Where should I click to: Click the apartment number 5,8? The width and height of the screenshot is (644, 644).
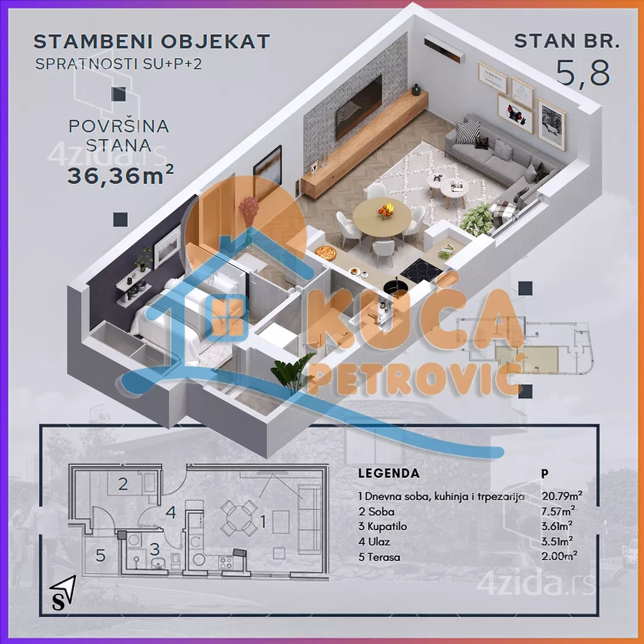tap(583, 73)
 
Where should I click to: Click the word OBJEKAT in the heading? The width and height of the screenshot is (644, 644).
tap(215, 42)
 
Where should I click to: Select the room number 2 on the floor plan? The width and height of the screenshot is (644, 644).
tap(123, 484)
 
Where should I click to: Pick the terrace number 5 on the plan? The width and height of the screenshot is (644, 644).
tap(101, 556)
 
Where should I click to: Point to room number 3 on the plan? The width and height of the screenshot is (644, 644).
tap(154, 549)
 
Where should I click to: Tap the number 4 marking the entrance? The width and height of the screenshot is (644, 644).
tap(171, 512)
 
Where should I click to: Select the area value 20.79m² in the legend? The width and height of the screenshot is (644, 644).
tap(562, 496)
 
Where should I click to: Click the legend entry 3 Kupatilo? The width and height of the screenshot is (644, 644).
tap(382, 527)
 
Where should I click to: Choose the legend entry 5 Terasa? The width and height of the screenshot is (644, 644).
tap(379, 557)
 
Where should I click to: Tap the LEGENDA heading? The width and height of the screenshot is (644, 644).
tap(389, 473)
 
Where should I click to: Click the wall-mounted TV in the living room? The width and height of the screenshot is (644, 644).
tap(358, 106)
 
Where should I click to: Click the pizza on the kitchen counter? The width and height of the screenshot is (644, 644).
tap(326, 253)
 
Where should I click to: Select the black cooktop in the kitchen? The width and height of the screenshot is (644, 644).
tap(421, 271)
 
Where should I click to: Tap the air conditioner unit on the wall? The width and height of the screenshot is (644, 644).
tap(444, 48)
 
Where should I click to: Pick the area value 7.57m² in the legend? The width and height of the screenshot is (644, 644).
tap(558, 511)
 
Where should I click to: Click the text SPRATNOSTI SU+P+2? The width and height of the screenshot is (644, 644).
tap(119, 64)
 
